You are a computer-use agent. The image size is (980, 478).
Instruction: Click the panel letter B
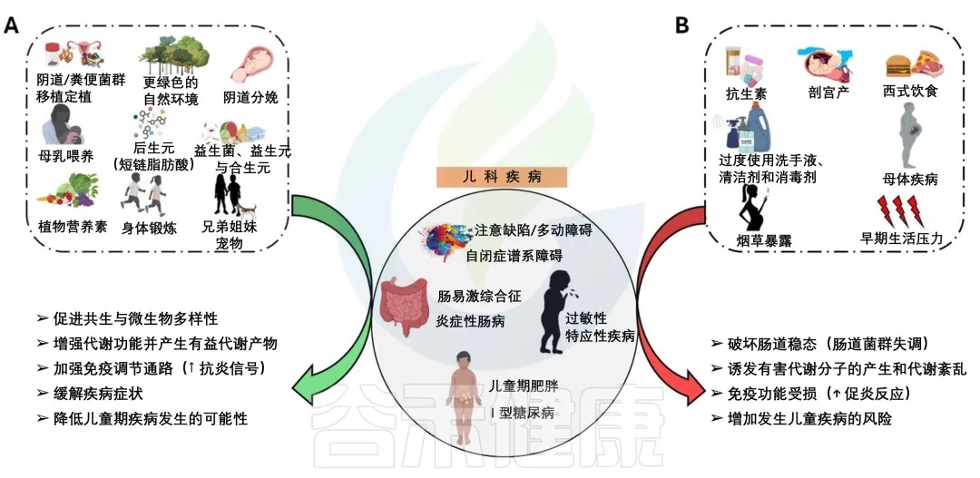pyautogui.click(x=682, y=24)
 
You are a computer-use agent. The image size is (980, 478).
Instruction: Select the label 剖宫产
pyautogui.click(x=828, y=93)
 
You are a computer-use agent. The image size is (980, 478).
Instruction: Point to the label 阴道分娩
pyautogui.click(x=250, y=97)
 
